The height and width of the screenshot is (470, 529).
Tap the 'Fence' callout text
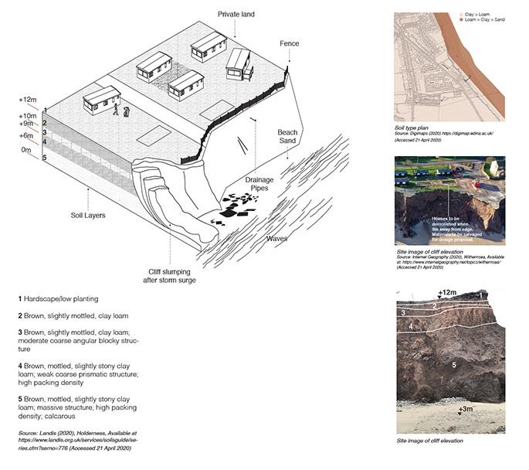pos(290,43)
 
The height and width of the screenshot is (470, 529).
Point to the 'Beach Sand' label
pos(287,138)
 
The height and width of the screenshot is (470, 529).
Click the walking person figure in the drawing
pos(117,110)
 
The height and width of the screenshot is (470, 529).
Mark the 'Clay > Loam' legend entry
pos(476,15)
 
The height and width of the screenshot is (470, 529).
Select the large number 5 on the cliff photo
pos(454,363)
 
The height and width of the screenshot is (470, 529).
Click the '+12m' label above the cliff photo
pos(448,293)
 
